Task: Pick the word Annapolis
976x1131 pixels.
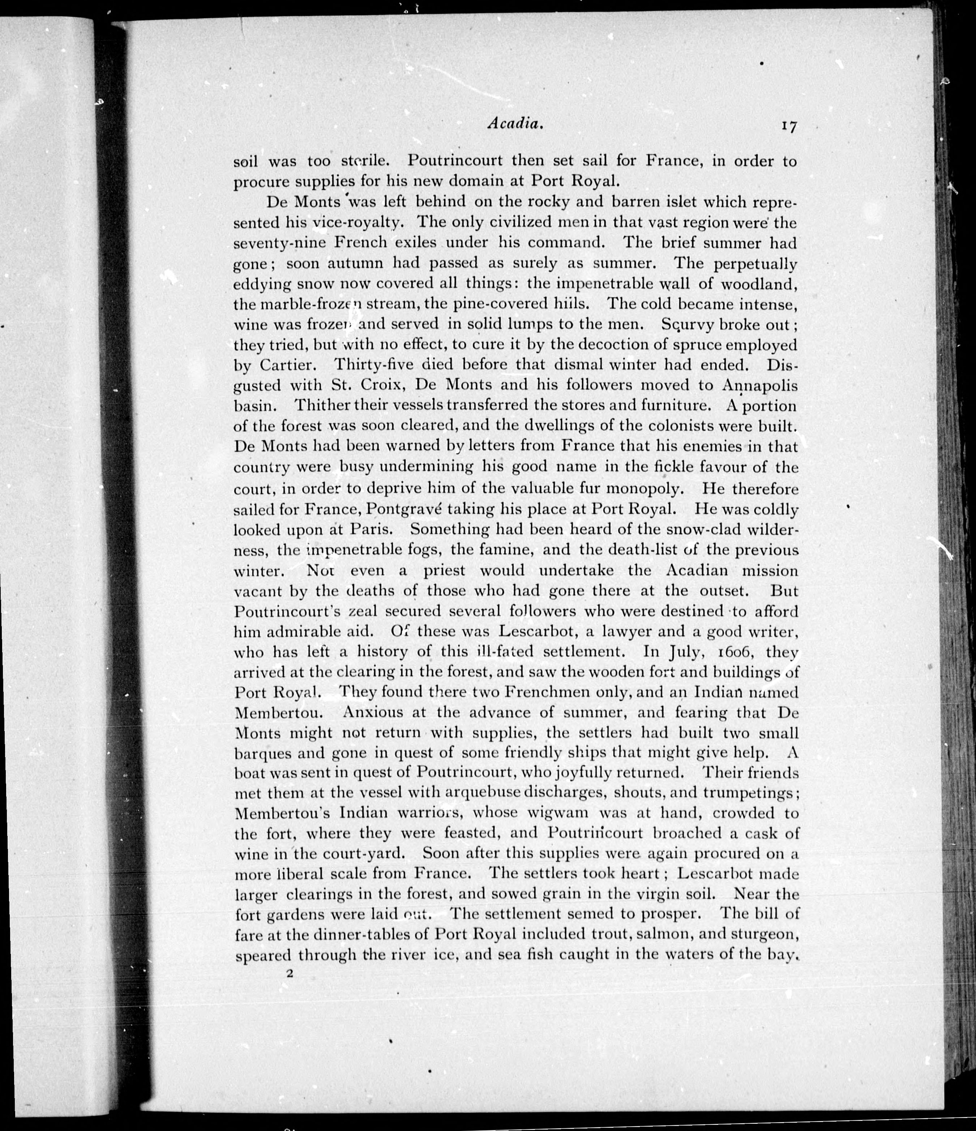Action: point(760,385)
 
